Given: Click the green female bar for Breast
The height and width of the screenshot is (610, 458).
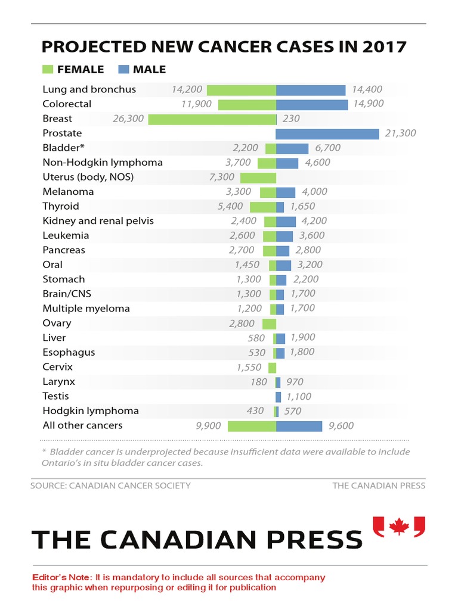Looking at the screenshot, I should (x=212, y=119).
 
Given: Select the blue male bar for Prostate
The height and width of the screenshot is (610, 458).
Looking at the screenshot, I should (x=327, y=133).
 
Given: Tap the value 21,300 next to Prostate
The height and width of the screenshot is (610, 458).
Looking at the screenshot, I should (x=400, y=133).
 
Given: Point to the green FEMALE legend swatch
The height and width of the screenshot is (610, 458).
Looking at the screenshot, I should (x=48, y=70).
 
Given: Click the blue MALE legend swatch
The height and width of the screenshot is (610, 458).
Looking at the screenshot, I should (x=124, y=70).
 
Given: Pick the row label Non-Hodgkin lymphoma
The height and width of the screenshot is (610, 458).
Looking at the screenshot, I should (x=103, y=163).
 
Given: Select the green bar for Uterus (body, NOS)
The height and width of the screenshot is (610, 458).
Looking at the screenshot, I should (x=258, y=178).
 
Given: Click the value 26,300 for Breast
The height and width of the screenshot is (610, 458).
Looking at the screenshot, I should (x=128, y=119).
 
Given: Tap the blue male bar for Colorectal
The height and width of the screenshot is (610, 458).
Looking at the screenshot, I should (x=312, y=105).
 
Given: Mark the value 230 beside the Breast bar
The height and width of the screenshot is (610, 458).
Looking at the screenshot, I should (x=291, y=119).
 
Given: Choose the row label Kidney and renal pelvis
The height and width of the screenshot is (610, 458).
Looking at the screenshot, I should (x=98, y=221).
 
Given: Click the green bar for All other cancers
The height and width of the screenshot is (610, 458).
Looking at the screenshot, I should (x=252, y=426).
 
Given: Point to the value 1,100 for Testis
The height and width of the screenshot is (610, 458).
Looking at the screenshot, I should (x=299, y=397).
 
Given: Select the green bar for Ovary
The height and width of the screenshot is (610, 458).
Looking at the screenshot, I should (x=269, y=324).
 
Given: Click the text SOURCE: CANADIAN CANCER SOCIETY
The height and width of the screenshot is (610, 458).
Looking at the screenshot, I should (x=110, y=485).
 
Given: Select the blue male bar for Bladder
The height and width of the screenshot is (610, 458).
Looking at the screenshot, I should (x=292, y=148).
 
